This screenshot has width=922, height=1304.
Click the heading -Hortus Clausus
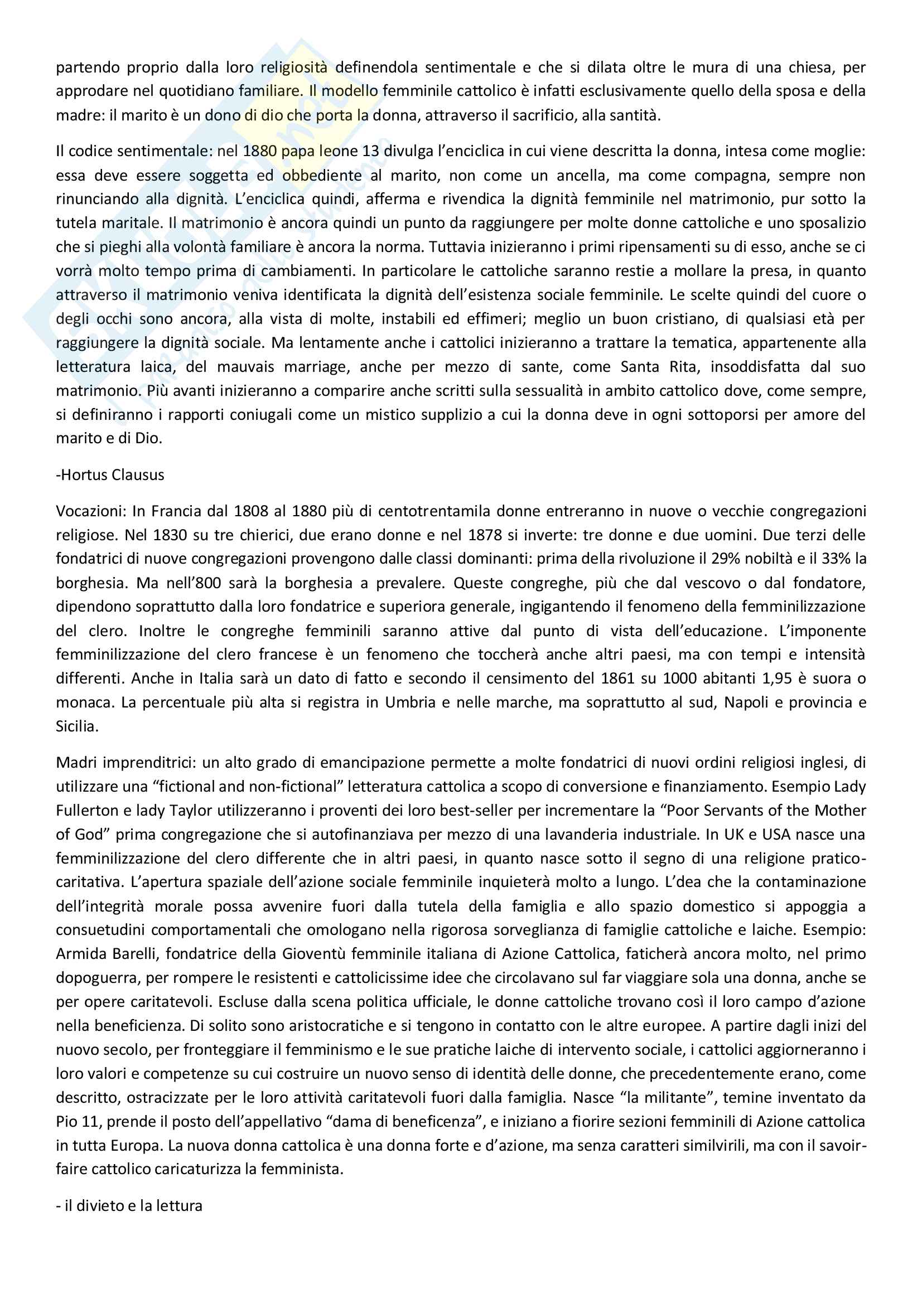click(110, 475)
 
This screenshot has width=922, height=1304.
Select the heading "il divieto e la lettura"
click(129, 1205)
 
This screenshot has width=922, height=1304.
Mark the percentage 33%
click(837, 559)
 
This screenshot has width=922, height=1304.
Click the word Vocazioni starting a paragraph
click(91, 511)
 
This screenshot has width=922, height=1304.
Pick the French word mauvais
click(245, 367)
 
